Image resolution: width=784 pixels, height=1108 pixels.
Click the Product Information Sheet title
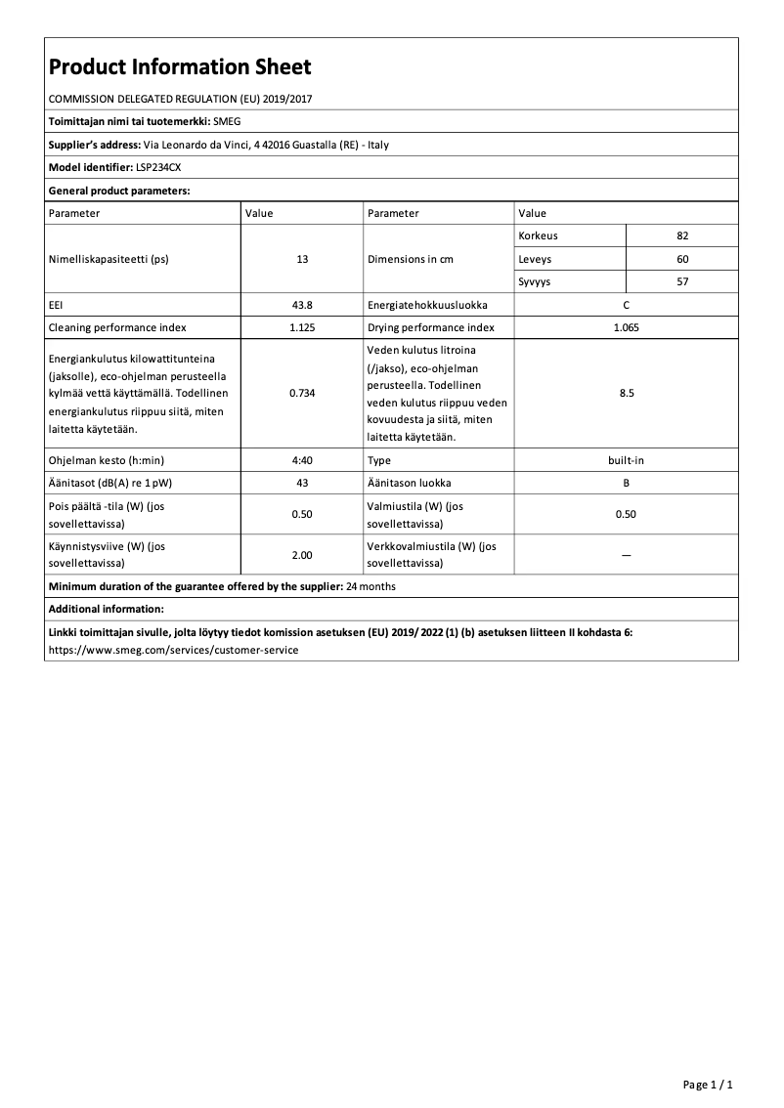click(180, 66)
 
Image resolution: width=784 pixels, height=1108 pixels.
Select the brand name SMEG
click(227, 121)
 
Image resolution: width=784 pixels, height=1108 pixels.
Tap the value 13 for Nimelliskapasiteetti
click(302, 260)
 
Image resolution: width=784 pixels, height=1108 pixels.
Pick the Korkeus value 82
click(681, 236)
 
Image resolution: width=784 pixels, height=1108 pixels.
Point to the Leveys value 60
click(681, 259)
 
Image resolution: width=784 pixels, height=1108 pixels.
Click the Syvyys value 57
click(681, 281)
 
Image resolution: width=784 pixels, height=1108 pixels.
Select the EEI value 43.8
click(302, 305)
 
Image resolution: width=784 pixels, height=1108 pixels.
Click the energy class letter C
click(626, 305)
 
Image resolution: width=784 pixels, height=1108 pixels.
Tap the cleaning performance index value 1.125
click(302, 327)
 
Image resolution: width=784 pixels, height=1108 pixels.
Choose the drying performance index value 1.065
click(626, 327)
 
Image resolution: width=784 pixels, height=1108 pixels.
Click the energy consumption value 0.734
click(302, 393)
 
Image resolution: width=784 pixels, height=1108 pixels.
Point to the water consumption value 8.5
click(626, 393)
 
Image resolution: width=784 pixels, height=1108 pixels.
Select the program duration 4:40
click(302, 459)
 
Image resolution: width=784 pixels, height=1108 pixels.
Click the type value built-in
click(626, 459)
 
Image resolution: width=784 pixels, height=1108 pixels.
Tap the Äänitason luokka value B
click(626, 483)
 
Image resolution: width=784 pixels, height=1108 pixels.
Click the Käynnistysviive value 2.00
click(302, 555)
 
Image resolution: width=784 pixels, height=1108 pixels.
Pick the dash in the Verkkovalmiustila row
click(626, 555)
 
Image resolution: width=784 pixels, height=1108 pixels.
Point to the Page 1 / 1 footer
click(708, 1085)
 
